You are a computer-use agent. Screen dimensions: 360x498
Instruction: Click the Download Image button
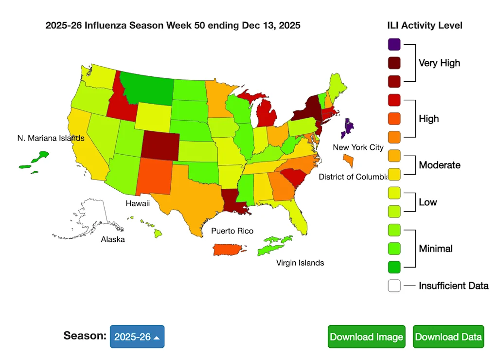point(366,337)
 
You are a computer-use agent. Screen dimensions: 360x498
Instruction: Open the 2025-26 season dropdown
point(137,337)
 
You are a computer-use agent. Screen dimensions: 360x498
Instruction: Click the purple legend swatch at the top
point(394,44)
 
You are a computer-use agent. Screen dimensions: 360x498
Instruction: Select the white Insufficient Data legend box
point(394,286)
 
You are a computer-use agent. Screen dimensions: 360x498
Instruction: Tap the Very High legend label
point(439,63)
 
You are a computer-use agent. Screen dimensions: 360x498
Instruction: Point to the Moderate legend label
point(440,165)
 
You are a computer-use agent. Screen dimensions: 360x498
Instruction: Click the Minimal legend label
point(436,249)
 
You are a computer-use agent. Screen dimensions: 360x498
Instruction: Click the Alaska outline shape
point(95,214)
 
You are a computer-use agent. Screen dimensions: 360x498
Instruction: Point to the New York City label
point(358,147)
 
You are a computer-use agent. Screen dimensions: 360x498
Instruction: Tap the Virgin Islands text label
point(300,263)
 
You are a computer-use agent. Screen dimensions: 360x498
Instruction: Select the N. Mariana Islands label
point(51,138)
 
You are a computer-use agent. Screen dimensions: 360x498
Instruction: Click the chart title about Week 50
point(173,25)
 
